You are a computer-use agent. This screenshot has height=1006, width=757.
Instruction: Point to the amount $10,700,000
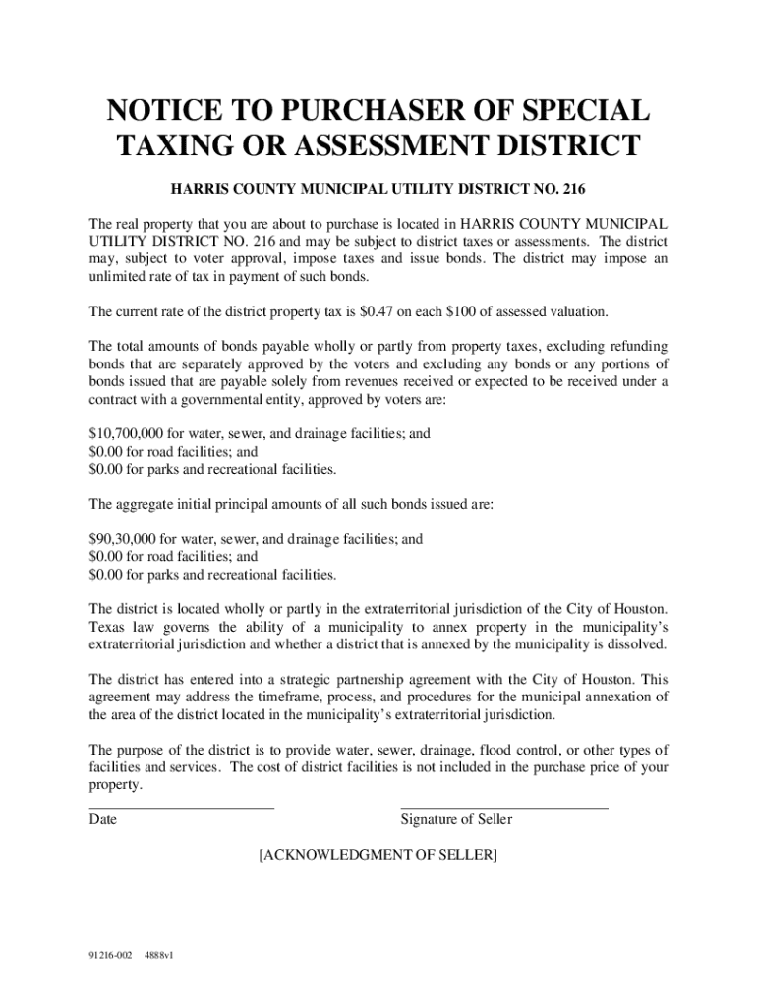tap(125, 432)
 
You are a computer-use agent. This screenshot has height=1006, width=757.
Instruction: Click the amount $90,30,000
tap(122, 539)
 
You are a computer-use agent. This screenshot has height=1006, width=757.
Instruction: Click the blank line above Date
tap(181, 808)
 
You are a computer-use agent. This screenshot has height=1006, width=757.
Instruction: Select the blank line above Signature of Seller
tap(503, 808)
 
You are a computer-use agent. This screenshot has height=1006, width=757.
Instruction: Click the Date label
tap(102, 819)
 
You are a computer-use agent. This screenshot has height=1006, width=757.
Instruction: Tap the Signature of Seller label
tap(456, 819)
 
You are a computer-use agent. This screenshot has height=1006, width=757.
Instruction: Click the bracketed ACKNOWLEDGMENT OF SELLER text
tap(378, 855)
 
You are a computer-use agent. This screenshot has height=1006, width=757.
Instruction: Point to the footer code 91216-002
tap(111, 955)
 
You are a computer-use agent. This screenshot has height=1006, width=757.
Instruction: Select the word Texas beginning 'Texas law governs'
tap(106, 627)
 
